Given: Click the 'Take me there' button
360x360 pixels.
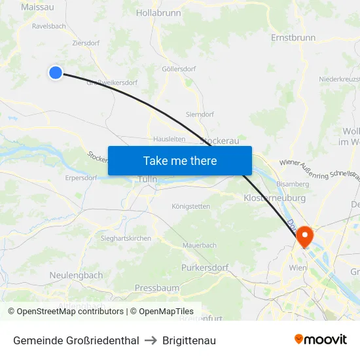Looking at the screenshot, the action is coord(180,160).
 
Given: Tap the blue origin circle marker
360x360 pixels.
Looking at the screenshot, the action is coord(56,73).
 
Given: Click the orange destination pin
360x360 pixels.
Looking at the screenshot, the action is coord(305,236).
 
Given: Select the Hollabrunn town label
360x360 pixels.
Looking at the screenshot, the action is coord(158,12).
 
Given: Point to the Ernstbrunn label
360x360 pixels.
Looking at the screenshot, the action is coord(293,38).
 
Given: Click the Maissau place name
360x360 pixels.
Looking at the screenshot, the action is coord(37,7).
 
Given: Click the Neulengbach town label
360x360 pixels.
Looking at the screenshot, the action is coord(76,276).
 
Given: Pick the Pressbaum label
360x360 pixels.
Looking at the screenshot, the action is coord(156,288).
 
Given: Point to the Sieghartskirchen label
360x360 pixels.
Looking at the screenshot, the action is coord(126,238).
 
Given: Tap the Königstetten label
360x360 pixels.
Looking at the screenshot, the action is coord(190,206).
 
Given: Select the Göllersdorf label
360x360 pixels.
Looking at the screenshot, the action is coord(178,68).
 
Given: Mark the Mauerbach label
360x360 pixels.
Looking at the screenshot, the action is coord(200,245).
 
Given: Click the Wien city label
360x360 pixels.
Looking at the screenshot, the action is coord(298,268).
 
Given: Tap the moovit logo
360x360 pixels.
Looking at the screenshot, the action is coord(320,340).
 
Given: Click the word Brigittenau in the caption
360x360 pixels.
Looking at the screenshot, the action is coord(189,340).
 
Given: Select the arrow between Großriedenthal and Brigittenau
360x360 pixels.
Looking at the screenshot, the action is coord(151,340).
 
